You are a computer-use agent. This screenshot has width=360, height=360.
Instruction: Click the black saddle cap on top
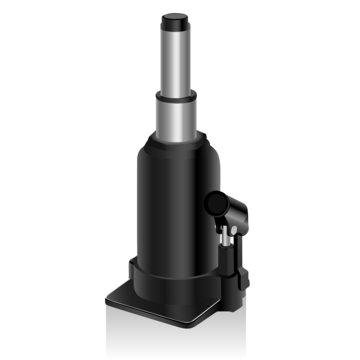176,18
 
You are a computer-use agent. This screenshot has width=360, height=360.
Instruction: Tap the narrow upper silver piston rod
176,55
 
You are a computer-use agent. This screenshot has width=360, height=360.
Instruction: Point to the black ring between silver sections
176,93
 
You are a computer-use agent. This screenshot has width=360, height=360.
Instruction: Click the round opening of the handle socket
216,206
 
